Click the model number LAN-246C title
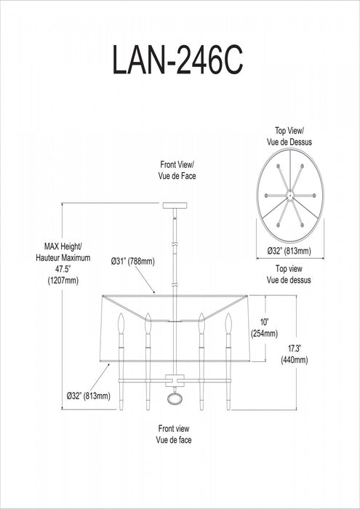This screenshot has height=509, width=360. [178, 59]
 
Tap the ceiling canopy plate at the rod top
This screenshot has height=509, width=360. [175, 205]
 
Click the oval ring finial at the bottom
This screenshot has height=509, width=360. [175, 398]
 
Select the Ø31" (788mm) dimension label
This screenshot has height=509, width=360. [132, 261]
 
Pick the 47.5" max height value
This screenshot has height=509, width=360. [63, 269]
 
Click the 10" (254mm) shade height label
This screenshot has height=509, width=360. [265, 327]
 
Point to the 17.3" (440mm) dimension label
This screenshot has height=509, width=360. [295, 354]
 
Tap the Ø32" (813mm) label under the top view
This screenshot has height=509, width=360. [289, 251]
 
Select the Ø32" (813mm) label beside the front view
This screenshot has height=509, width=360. [88, 396]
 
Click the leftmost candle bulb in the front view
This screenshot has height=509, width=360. [121, 324]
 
